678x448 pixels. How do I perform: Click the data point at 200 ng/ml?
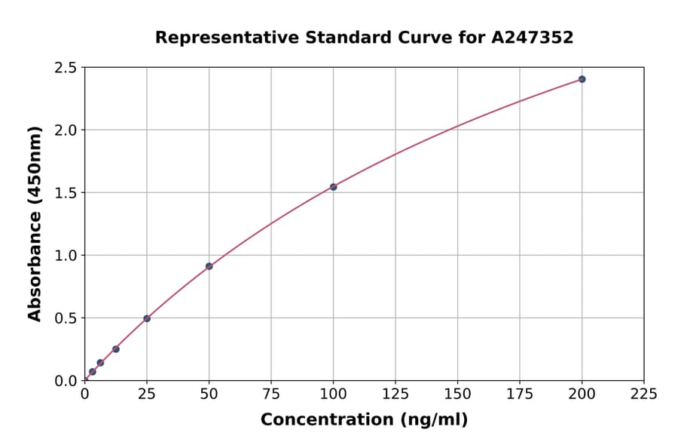coord(582,79)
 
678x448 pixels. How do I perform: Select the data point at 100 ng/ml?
coord(333,187)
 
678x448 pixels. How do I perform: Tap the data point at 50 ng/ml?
coord(209,266)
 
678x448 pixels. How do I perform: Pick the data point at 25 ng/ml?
coord(147,318)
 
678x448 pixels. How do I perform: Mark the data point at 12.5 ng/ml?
coord(116,349)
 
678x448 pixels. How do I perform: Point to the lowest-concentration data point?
coord(93,372)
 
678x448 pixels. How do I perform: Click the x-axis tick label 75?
coord(271,394)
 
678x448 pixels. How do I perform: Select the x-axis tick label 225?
coord(643,394)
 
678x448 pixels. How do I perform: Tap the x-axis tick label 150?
coord(457,394)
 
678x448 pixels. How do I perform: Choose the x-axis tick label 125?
coord(395,394)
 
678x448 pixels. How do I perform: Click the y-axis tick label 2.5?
coord(66,68)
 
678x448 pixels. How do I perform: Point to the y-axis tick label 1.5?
coord(66,193)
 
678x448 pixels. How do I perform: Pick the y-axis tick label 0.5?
coord(66,318)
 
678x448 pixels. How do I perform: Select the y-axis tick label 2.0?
coord(66,130)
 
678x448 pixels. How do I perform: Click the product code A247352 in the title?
coord(533,37)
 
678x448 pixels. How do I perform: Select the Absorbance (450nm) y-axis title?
coord(35,224)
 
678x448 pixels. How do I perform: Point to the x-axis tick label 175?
coord(520,394)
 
